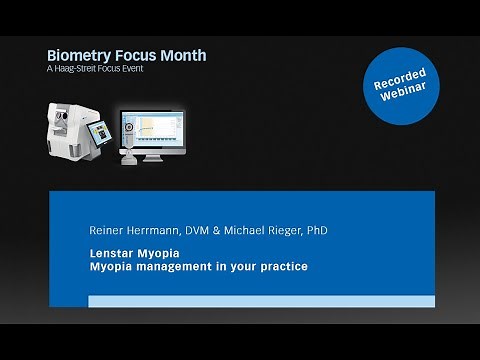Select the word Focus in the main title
tap(135, 53)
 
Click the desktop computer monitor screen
tap(151, 134)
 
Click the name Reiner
tap(106, 230)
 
